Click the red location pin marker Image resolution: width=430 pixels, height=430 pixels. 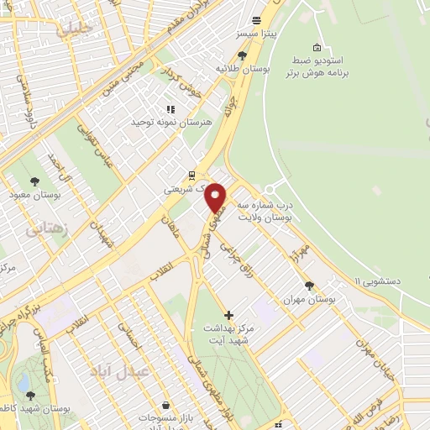click(216, 198)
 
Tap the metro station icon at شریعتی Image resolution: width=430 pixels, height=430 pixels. click(192, 176)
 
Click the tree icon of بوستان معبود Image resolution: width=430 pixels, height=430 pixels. click(34, 181)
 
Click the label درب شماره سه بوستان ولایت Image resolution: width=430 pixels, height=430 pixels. click(264, 211)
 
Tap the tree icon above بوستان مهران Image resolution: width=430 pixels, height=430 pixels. click(309, 286)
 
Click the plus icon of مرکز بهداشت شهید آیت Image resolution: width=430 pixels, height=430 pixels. click(229, 315)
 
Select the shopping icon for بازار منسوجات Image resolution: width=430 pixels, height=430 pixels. click(165, 405)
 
